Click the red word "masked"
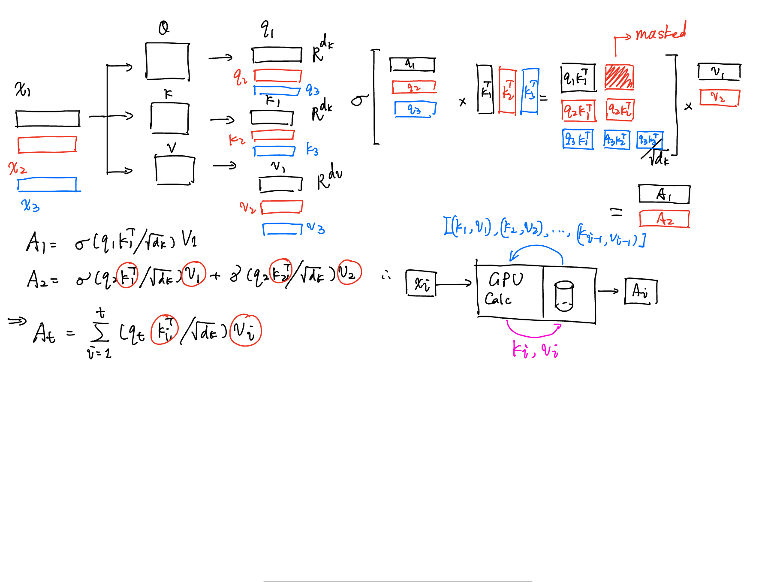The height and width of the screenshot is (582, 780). tap(660, 32)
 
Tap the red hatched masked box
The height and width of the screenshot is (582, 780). tap(619, 77)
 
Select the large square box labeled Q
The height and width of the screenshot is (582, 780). tap(167, 61)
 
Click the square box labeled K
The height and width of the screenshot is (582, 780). tap(170, 118)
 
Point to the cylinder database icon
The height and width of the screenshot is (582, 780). tap(564, 296)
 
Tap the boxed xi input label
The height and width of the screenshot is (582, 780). tap(421, 283)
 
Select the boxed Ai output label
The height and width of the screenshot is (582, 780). tap(641, 291)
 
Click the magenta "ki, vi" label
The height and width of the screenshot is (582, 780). tap(535, 350)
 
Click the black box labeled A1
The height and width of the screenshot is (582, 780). tap(664, 194)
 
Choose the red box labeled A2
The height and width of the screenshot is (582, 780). tap(664, 219)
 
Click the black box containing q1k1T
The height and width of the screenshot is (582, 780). tap(578, 78)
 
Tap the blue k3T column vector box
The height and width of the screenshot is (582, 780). tap(530, 91)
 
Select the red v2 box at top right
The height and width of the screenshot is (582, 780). tap(719, 97)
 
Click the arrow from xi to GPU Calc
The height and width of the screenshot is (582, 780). tap(454, 283)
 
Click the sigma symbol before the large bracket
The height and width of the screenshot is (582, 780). tap(359, 100)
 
